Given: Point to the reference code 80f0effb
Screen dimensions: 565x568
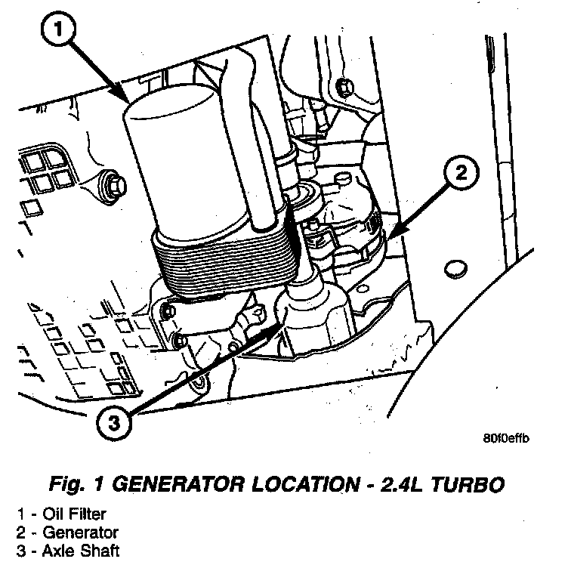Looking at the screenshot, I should [x=505, y=439].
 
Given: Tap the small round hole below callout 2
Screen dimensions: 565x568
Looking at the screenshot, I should [x=453, y=270].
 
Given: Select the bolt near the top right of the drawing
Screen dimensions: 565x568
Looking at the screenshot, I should [x=345, y=87].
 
